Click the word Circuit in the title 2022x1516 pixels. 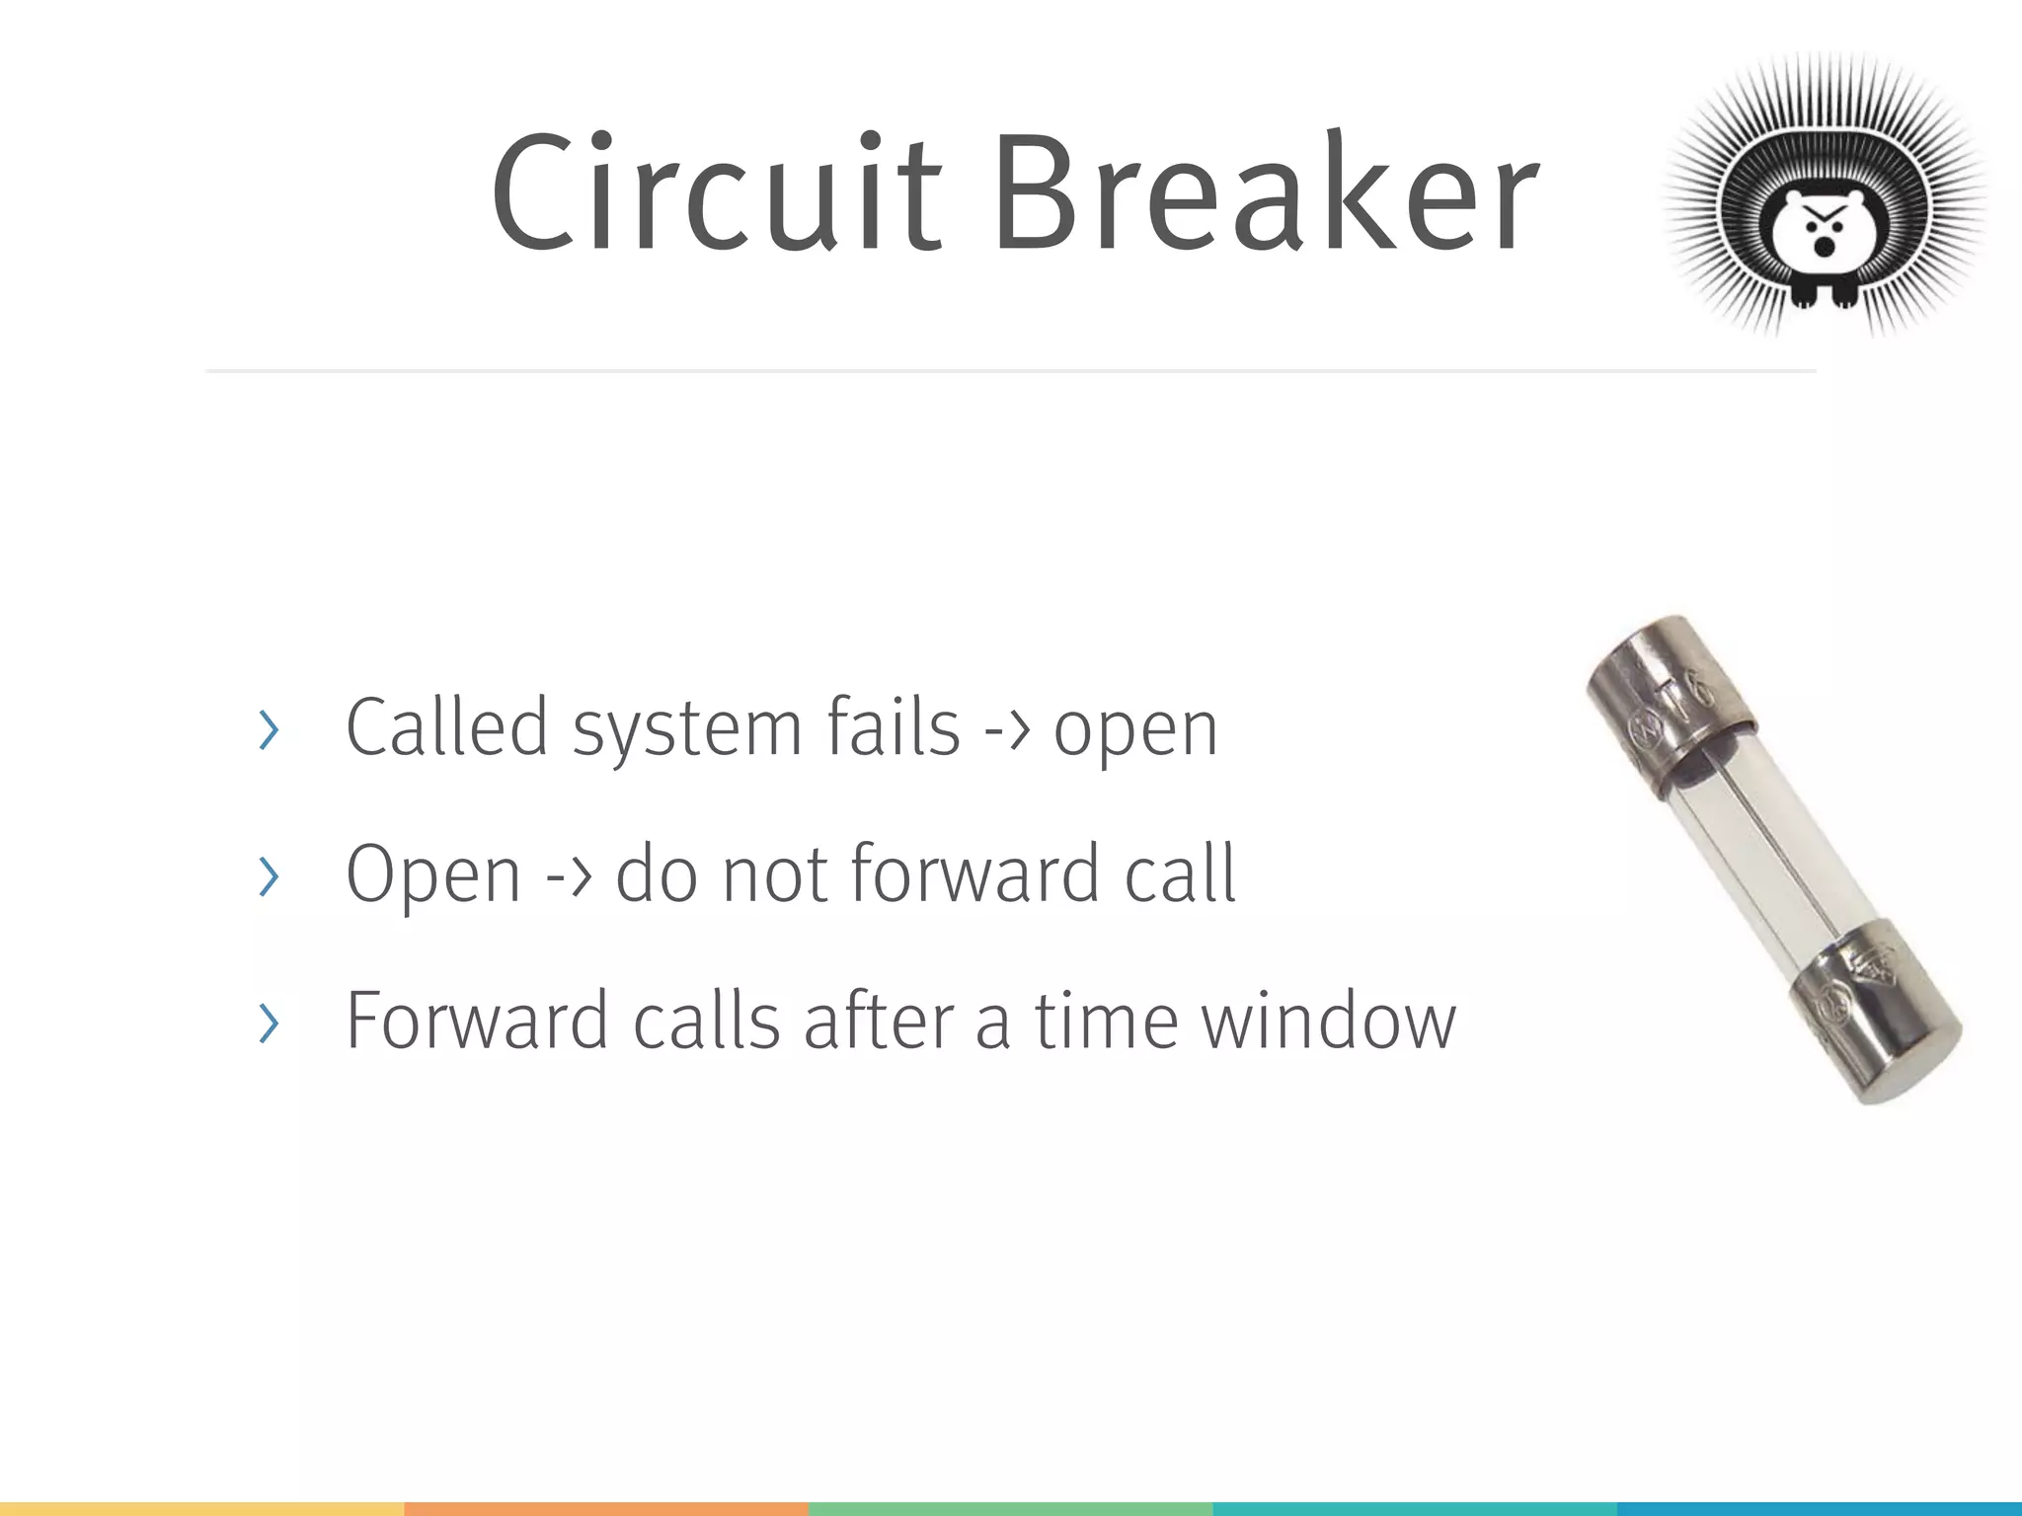point(717,192)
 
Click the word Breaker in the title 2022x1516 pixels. point(1266,192)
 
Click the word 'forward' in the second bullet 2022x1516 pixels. point(974,874)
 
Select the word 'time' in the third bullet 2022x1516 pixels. point(1107,1021)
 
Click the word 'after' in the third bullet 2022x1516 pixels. point(879,1021)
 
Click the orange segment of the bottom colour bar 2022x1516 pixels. point(606,1509)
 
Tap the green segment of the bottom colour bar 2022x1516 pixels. point(1010,1509)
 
